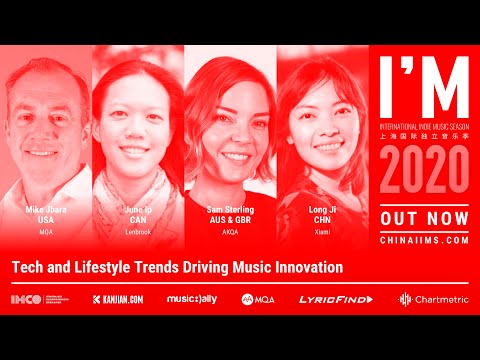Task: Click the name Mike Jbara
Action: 45,209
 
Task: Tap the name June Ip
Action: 138,209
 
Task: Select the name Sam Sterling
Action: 230,209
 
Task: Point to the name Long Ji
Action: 322,209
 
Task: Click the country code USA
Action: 45,219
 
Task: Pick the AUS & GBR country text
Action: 230,219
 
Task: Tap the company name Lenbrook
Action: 138,231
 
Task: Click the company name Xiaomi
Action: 322,231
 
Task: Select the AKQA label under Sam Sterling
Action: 230,231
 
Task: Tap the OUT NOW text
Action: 424,218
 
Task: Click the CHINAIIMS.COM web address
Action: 424,240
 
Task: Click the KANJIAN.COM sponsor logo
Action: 121,299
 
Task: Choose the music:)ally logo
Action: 191,299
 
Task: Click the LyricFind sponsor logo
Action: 335,299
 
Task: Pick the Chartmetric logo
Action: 434,299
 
